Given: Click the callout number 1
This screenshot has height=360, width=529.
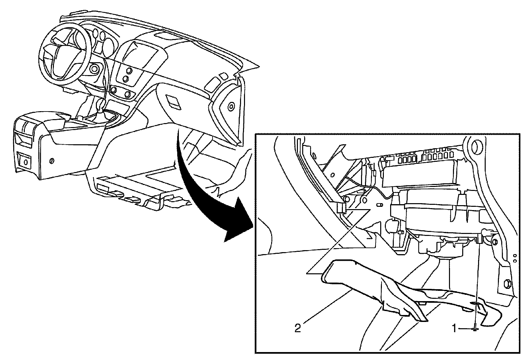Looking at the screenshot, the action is tap(455, 328).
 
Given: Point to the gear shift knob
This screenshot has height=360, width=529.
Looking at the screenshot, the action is tap(101, 107).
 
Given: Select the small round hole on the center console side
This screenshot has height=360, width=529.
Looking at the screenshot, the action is tap(51, 161).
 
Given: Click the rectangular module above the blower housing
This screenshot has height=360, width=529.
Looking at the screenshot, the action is tap(415, 175).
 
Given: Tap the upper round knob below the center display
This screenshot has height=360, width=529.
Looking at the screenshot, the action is tap(128, 70).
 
